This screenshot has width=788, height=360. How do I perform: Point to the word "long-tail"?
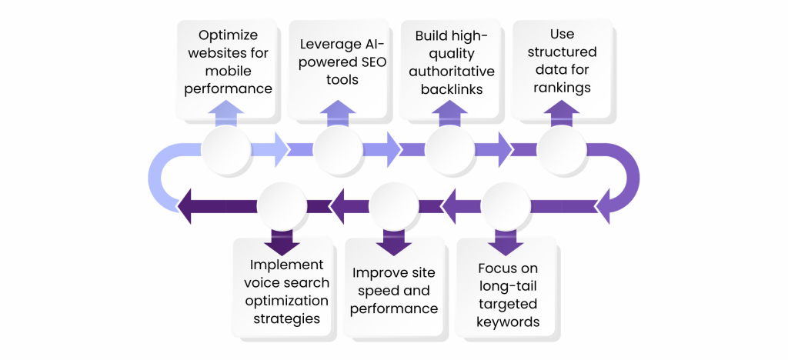click(507, 286)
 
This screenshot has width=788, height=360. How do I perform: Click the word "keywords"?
click(507, 322)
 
